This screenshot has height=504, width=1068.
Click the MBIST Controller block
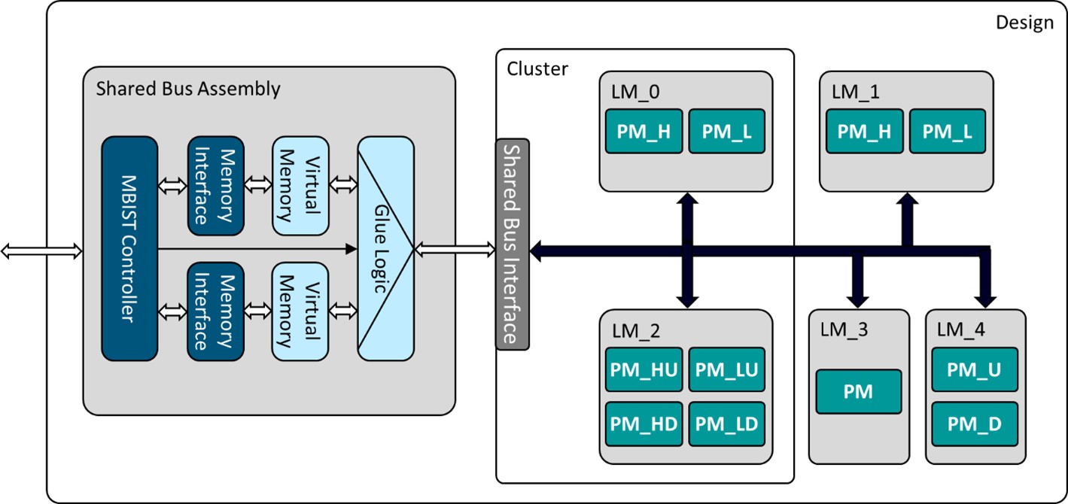[129, 248]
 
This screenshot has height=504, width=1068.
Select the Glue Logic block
[385, 248]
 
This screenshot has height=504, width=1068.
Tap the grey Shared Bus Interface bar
[512, 244]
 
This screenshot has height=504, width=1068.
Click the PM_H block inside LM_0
[644, 132]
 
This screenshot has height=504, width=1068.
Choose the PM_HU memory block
[644, 369]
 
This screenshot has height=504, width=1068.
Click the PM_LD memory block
[726, 424]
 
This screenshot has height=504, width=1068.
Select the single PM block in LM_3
[858, 391]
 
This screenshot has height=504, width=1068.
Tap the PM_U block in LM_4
[974, 369]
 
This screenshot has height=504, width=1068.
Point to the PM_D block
[974, 424]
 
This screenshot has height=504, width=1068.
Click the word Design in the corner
[1024, 23]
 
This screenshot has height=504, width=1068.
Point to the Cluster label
[537, 69]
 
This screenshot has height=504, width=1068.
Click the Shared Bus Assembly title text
[188, 89]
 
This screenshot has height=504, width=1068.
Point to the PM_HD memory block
[644, 424]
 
